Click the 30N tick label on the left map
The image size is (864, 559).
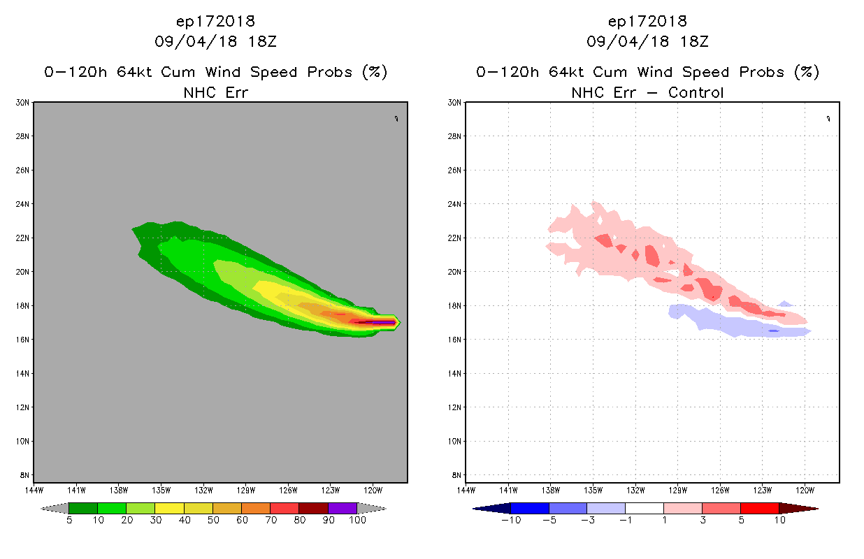(x=22, y=103)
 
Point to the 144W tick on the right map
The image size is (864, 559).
(x=466, y=489)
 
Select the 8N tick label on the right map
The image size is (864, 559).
(x=456, y=475)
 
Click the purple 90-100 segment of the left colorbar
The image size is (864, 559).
(x=343, y=508)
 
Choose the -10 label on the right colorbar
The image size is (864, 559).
(x=510, y=521)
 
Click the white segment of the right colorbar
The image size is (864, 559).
(x=644, y=508)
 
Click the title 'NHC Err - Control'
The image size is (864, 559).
(x=647, y=92)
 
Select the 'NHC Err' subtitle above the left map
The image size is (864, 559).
(x=215, y=92)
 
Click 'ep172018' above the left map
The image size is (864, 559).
(x=215, y=21)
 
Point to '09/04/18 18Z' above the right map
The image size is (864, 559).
(x=647, y=41)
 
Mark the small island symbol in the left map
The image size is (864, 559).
(x=396, y=119)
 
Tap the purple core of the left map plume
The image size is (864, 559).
(x=384, y=323)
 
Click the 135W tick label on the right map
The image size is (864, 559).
(x=593, y=489)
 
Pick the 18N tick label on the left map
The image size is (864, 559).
(x=22, y=306)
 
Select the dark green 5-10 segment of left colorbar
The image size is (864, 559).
(x=83, y=508)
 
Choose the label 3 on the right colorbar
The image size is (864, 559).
(x=702, y=521)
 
